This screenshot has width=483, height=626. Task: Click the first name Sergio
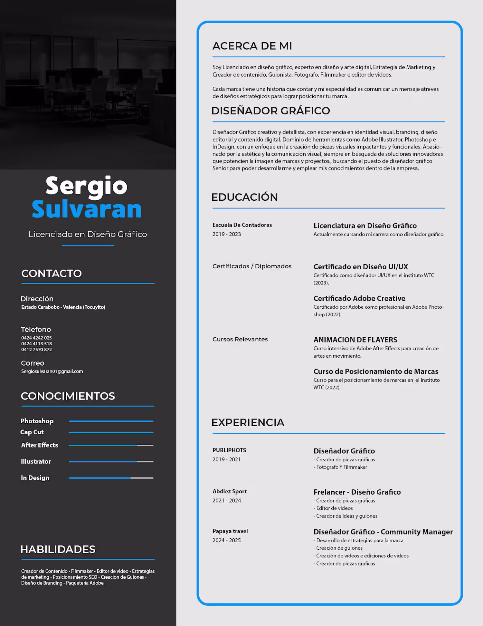(x=87, y=186)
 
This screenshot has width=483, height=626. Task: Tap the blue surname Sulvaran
(x=87, y=209)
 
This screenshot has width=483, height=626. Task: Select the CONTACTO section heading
(x=52, y=274)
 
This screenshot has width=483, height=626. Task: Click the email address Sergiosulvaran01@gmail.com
(x=52, y=371)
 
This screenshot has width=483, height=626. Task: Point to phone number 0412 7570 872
(x=36, y=350)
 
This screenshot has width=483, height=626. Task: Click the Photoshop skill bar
(x=111, y=421)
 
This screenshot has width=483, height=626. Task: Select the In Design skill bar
(x=111, y=478)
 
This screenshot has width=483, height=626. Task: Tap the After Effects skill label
(x=40, y=445)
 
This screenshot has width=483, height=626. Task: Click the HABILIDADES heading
(x=58, y=549)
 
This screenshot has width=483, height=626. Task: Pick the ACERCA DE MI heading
(x=252, y=46)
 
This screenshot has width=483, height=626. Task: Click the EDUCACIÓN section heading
(x=244, y=197)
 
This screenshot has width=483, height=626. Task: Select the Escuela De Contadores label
(x=242, y=225)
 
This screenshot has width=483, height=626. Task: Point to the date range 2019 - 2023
(x=227, y=234)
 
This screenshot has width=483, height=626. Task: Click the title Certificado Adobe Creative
(x=359, y=298)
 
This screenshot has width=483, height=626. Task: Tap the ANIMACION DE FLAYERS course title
(x=355, y=340)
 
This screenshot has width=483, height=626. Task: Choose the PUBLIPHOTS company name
(x=229, y=450)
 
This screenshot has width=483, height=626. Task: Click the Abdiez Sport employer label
(x=230, y=491)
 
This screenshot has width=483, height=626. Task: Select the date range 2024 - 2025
(x=227, y=540)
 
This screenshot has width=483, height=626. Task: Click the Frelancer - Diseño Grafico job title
(x=357, y=492)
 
